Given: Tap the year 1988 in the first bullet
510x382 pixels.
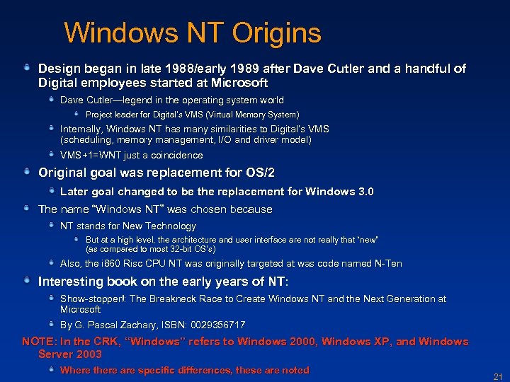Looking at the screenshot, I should [x=181, y=69].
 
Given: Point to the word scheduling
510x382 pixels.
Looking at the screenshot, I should [x=87, y=140].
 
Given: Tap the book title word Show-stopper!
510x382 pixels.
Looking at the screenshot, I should [x=92, y=299].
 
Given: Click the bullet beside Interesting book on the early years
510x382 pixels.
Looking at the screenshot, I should [x=26, y=281].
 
